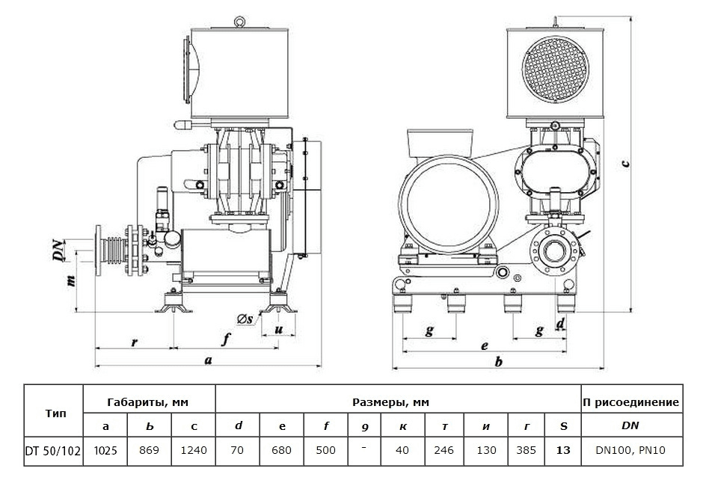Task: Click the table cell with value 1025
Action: (x=105, y=451)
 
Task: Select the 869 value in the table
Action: (x=150, y=451)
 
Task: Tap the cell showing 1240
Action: (x=194, y=451)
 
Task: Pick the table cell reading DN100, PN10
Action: (x=630, y=451)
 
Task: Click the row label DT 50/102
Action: (x=53, y=451)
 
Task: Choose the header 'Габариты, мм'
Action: (x=149, y=402)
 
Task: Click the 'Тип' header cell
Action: (x=53, y=413)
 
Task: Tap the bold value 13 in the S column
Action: (x=563, y=451)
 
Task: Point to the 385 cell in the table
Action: (x=527, y=451)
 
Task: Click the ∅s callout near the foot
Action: (x=245, y=320)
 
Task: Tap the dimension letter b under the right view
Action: (x=498, y=362)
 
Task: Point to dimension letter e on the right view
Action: (x=485, y=345)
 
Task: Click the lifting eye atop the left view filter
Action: (x=239, y=22)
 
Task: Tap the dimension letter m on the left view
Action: (x=71, y=282)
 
